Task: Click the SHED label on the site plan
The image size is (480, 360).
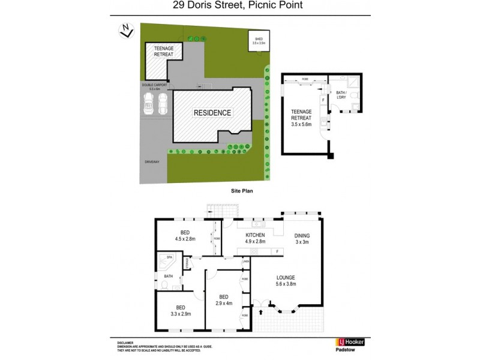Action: [259, 40]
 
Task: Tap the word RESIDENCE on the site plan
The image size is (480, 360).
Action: [211, 113]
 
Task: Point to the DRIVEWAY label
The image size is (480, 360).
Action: [152, 163]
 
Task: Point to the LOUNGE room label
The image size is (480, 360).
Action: [286, 278]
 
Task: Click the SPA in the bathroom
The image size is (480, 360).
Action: [170, 257]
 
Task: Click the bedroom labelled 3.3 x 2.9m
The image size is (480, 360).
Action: [176, 311]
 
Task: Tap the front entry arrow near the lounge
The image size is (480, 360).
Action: [262, 313]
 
